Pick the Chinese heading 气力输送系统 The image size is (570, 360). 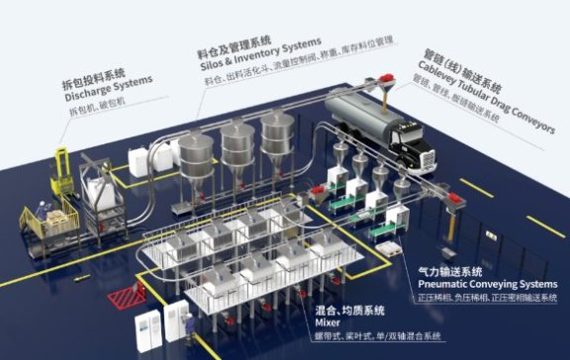(448, 270)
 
